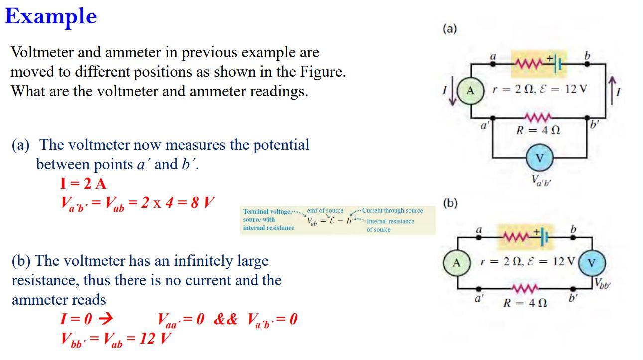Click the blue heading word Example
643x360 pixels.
tap(51, 17)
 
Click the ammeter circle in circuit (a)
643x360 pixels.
tap(470, 91)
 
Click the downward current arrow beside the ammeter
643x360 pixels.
tap(452, 93)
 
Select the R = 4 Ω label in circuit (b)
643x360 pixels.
tap(524, 302)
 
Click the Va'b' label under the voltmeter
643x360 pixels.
tap(541, 181)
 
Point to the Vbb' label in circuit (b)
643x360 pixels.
tap(602, 285)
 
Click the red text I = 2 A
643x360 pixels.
tap(83, 184)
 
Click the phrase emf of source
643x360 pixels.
tap(325, 211)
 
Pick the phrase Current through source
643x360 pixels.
tap(392, 211)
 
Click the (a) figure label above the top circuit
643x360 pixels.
tap(449, 29)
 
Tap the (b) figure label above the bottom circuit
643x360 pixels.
tap(450, 203)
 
